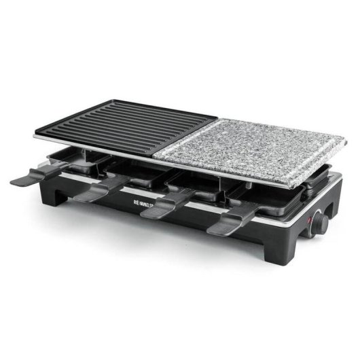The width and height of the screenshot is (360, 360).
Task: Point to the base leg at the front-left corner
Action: click(x=68, y=202)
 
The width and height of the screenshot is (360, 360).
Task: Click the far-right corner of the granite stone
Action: click(x=345, y=142)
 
